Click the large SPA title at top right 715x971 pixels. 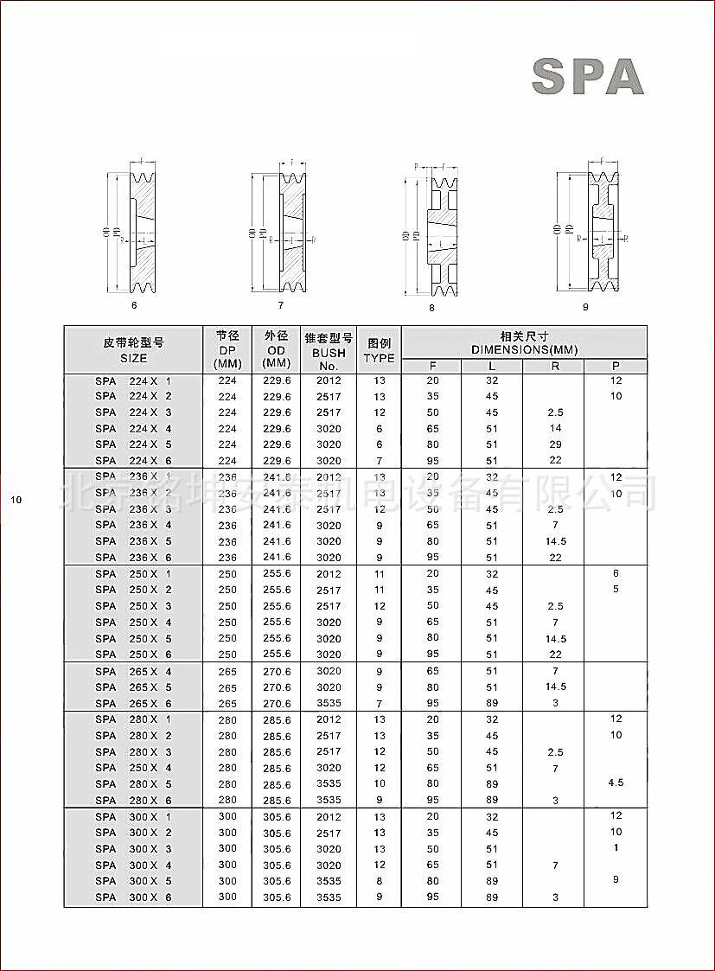(587, 76)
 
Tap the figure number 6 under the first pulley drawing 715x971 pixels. (134, 305)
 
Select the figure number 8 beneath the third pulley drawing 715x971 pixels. (431, 308)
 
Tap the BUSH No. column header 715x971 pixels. (329, 351)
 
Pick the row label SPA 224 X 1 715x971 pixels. (133, 380)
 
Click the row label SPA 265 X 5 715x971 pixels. (133, 687)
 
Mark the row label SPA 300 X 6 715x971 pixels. (133, 898)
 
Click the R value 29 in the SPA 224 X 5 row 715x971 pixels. (555, 444)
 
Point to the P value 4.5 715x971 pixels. (616, 783)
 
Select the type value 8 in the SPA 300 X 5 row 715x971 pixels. (380, 881)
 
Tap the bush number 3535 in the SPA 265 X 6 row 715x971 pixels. (329, 703)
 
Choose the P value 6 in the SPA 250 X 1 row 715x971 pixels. (616, 573)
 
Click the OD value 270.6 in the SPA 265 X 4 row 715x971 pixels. (277, 671)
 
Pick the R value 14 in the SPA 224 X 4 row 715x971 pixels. (555, 428)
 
